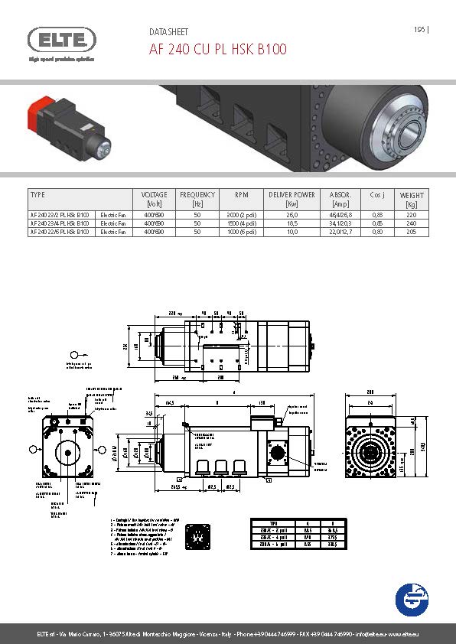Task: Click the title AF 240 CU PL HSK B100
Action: pos(217,50)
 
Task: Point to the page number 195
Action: pos(419,30)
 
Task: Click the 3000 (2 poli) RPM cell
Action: pos(240,215)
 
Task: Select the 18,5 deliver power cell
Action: pos(292,223)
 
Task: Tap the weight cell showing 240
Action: pos(412,223)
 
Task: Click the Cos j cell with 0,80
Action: pos(376,230)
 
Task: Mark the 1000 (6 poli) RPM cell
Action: pos(240,230)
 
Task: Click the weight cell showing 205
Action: pos(412,230)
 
